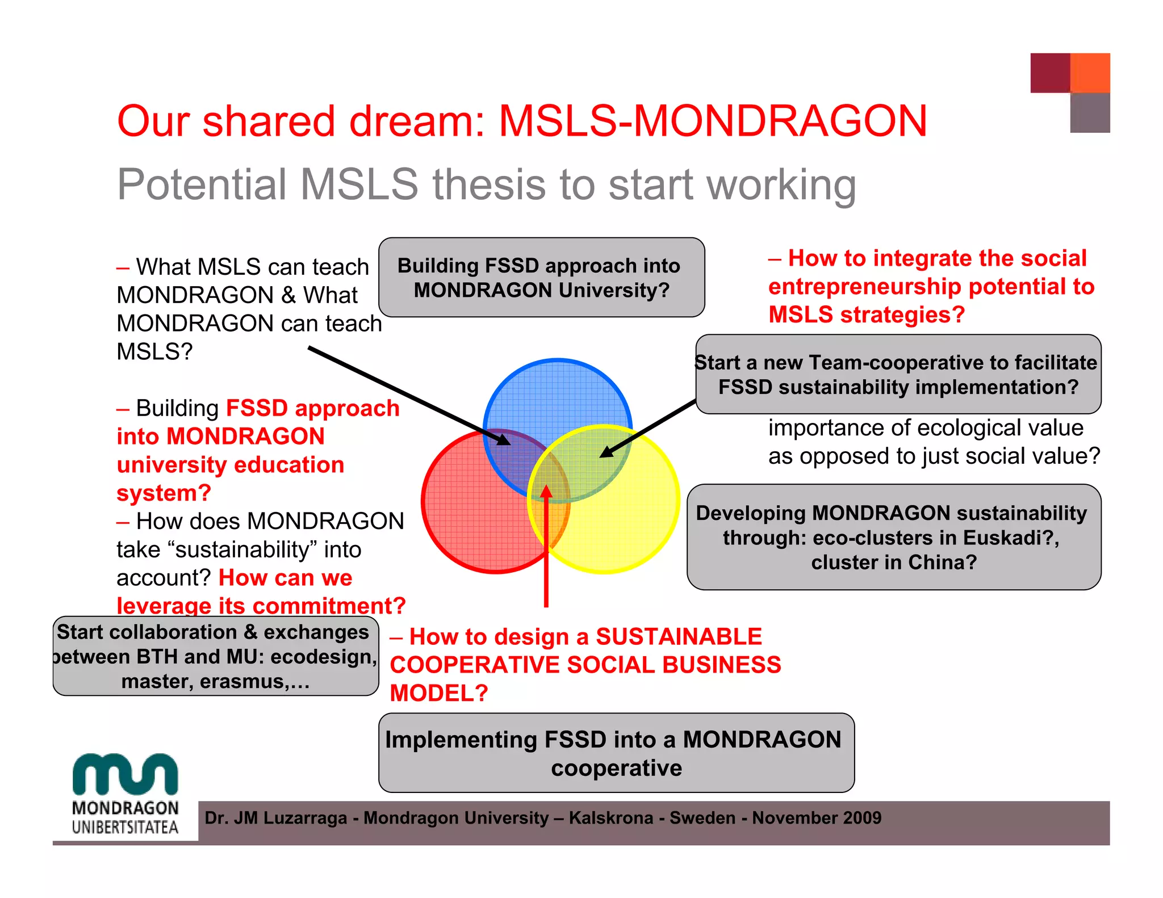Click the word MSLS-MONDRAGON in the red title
point(713,121)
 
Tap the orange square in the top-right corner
point(1090,73)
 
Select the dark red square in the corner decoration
point(1050,73)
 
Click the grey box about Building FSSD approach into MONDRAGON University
point(541,278)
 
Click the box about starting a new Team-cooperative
point(898,375)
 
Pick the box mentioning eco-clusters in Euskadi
point(894,537)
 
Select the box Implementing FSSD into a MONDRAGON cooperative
point(616,753)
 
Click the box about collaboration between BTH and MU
point(215,656)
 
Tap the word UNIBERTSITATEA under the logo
point(125,827)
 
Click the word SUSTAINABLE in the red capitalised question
point(679,637)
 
